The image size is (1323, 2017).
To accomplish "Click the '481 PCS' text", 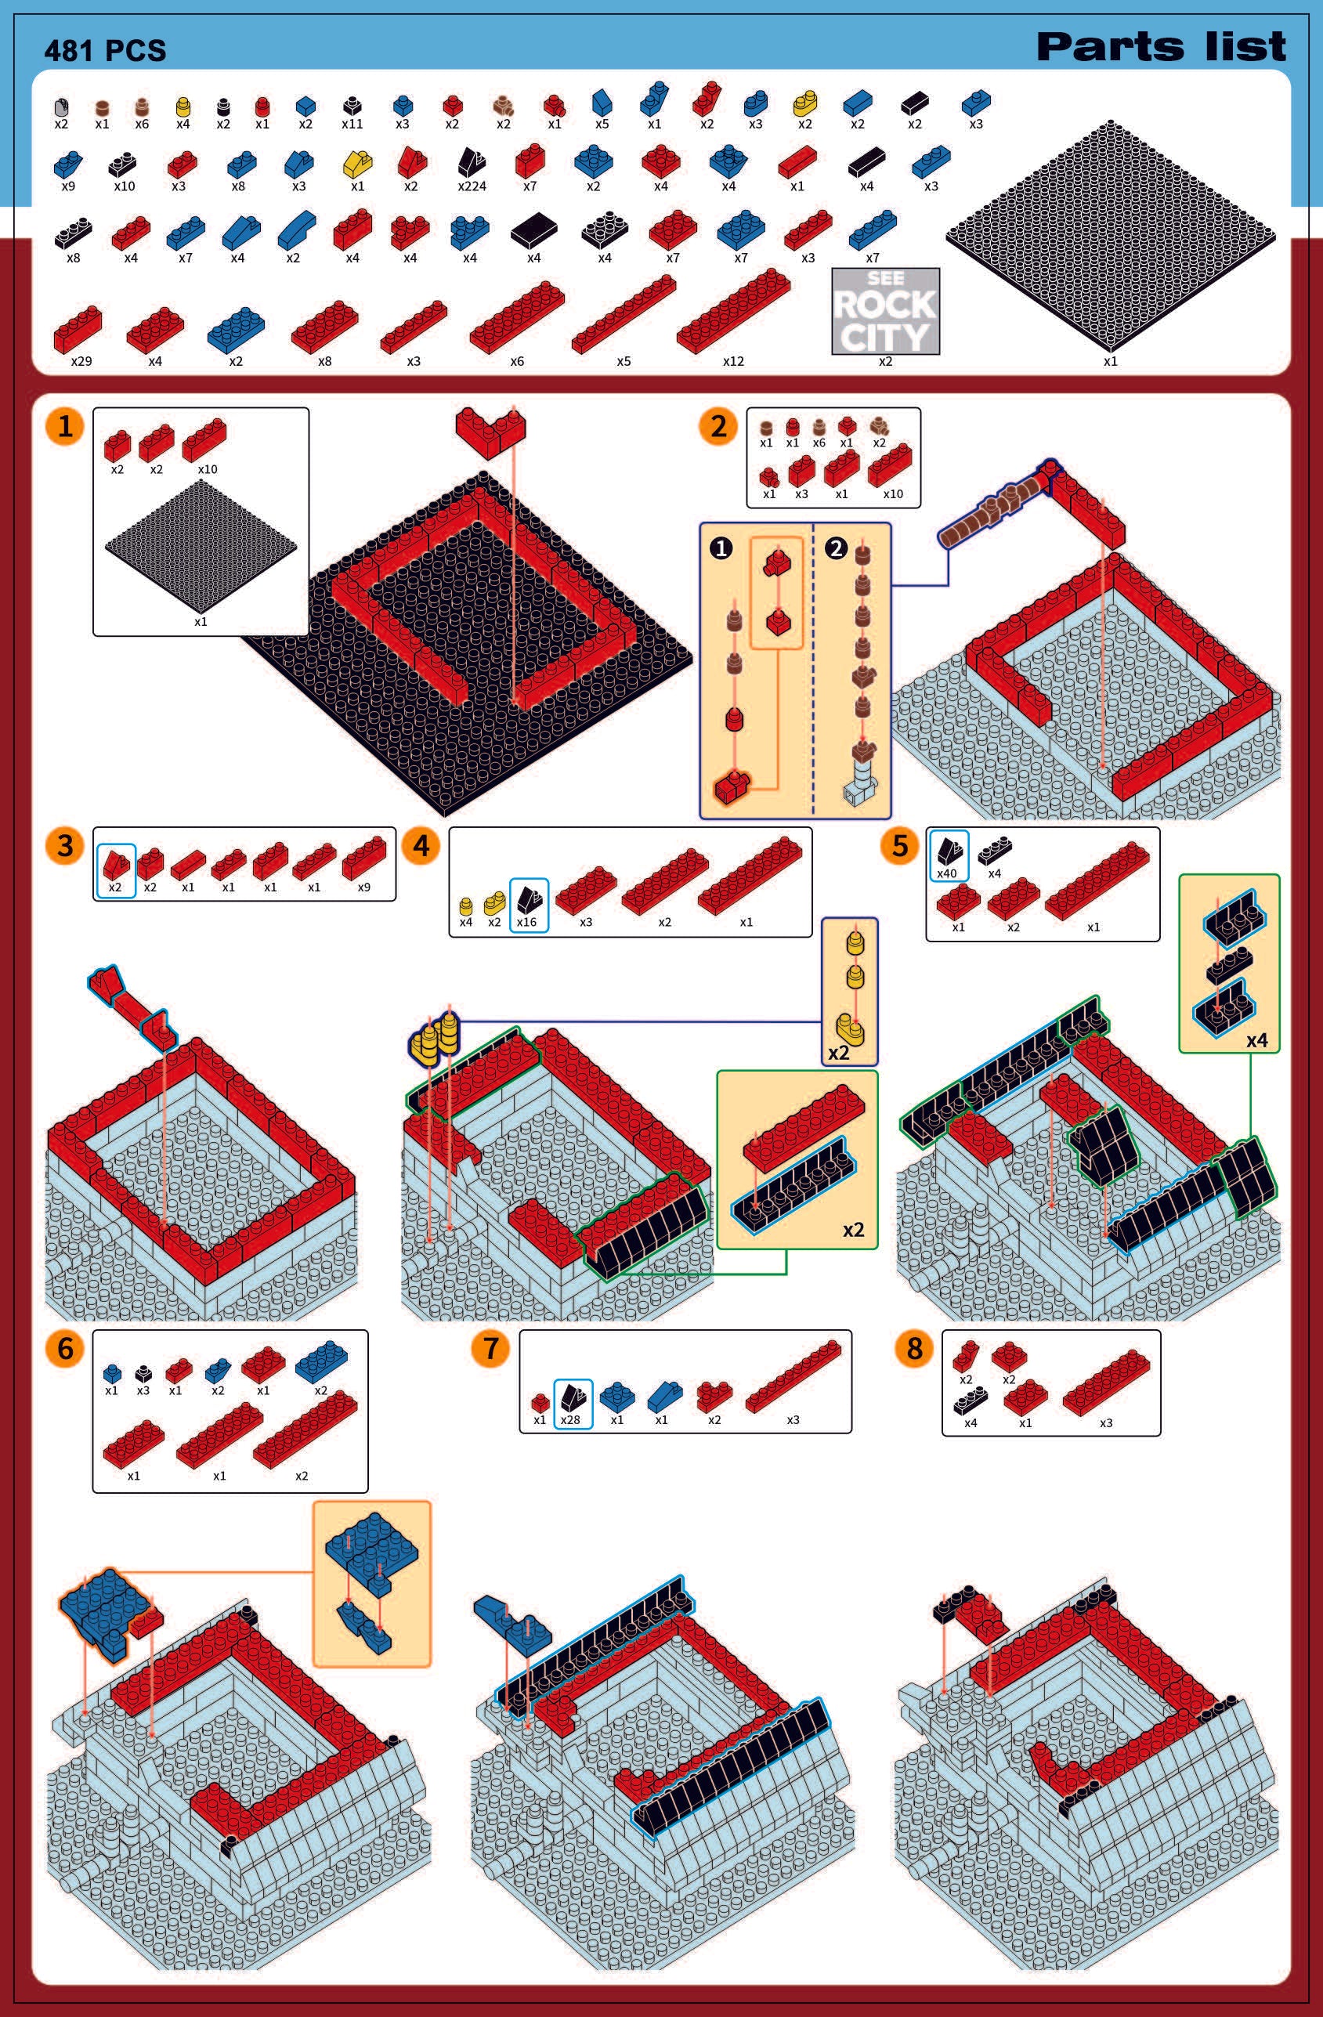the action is coord(105,51).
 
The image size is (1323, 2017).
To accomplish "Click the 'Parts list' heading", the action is coord(1161,47).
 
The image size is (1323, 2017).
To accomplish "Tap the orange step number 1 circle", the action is coord(65,426).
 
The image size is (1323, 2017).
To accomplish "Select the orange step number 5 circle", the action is coord(900,845).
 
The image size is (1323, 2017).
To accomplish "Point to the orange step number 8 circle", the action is coord(913,1347).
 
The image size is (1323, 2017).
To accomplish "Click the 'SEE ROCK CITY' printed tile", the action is coord(885,310).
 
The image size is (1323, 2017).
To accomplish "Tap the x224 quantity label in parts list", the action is coord(472,186).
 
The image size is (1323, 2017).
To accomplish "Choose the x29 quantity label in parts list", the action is coord(81,361).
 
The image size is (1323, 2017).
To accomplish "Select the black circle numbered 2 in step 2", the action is coord(836,548).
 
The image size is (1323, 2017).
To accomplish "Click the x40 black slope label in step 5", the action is coord(947,873).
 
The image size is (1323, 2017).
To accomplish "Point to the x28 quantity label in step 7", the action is coord(570,1419).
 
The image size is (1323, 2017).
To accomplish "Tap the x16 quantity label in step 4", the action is coord(526,922).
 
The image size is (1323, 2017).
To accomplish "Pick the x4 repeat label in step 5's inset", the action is coord(1257,1040).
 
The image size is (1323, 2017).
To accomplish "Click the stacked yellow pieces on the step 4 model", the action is coord(434,1037).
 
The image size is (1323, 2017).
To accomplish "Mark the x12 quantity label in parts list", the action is coord(733,361).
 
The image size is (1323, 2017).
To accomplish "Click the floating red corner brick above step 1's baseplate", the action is coord(490,432).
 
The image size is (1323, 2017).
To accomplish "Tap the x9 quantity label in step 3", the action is coord(363,887).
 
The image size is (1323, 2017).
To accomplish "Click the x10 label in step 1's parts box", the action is coord(208,469).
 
